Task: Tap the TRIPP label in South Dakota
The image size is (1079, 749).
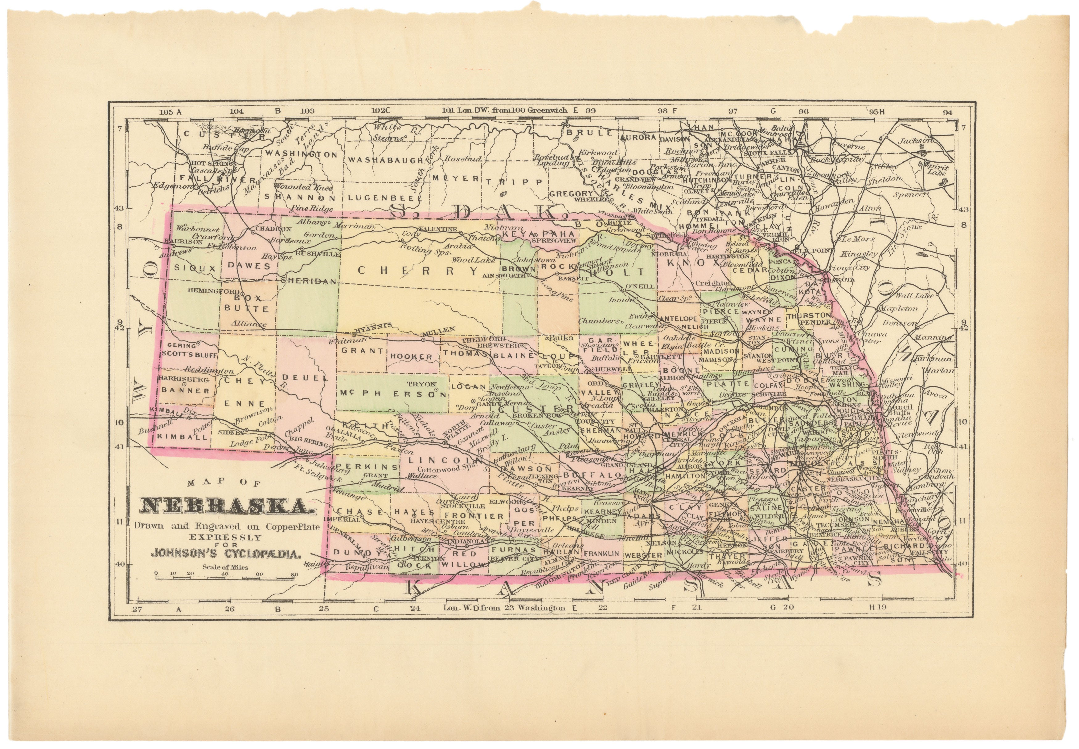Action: tap(514, 181)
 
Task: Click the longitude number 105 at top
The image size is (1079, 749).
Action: tap(167, 112)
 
